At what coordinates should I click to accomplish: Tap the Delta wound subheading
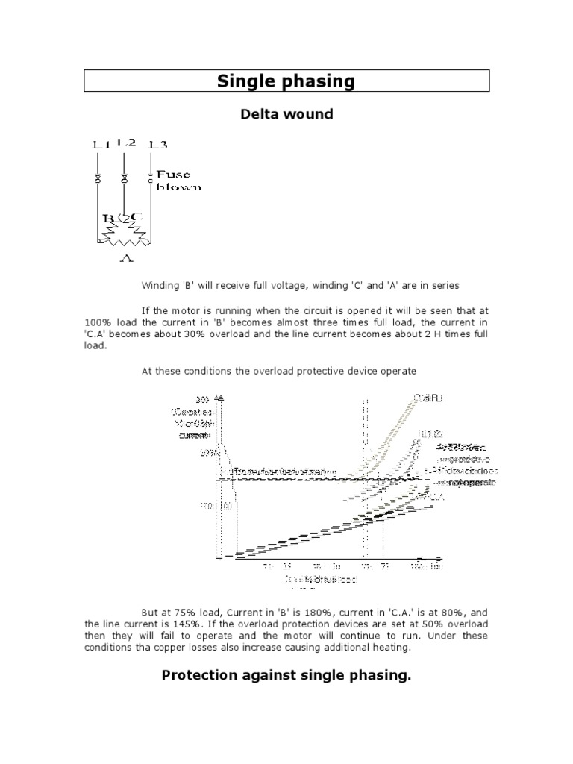[286, 114]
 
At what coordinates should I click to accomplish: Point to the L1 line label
[99, 145]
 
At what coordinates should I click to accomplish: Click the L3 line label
[157, 145]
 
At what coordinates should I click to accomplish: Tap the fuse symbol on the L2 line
[124, 179]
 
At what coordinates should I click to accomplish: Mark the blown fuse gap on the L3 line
[151, 178]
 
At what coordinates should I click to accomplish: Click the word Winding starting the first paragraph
[160, 285]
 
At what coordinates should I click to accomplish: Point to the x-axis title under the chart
[321, 579]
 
